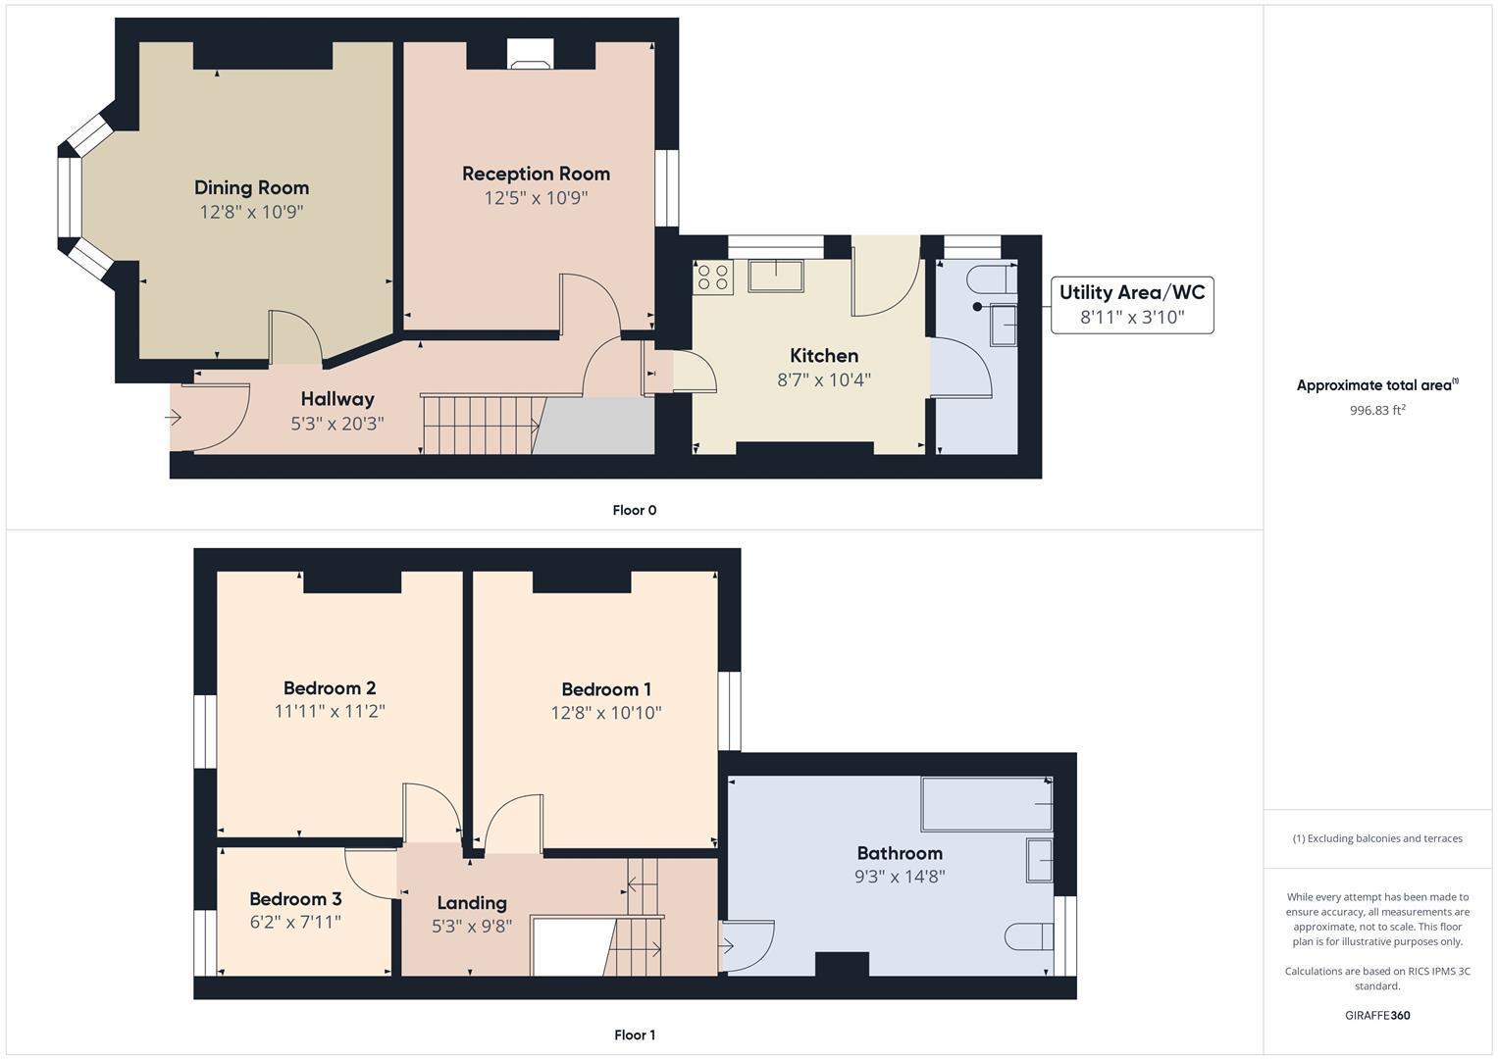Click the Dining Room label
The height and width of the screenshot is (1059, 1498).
click(251, 187)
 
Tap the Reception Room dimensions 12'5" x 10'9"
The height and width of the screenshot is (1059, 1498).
click(536, 198)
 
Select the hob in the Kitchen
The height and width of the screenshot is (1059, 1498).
click(713, 277)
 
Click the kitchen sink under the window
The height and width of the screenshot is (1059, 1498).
click(775, 276)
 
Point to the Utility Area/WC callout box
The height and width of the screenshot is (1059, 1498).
click(1132, 305)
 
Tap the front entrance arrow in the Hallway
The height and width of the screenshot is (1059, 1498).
click(174, 418)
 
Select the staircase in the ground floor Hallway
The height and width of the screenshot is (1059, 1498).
click(480, 425)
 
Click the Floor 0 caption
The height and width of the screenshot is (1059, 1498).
click(634, 510)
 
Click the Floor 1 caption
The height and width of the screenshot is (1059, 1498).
click(634, 1034)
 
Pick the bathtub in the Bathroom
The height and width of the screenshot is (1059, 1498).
click(986, 804)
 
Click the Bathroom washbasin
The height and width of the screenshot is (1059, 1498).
click(1039, 860)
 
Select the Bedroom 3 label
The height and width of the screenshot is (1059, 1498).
click(295, 899)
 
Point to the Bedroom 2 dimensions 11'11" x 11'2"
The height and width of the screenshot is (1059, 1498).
click(330, 712)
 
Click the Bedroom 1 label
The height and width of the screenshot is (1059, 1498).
click(605, 689)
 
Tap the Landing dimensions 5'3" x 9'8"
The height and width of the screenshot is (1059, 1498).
click(472, 926)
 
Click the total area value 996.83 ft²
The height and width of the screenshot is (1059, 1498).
click(1377, 410)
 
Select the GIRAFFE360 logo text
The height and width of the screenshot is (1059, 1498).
click(1377, 1015)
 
